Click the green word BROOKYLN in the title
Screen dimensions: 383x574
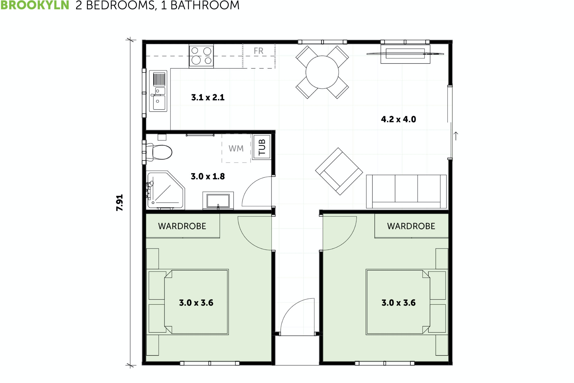(x=35, y=5)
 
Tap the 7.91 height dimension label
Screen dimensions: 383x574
(x=120, y=203)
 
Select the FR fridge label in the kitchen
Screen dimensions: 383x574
(x=259, y=51)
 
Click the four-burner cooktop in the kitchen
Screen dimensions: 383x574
(x=201, y=56)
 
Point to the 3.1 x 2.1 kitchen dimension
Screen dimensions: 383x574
(x=208, y=97)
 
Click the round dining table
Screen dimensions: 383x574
(x=322, y=72)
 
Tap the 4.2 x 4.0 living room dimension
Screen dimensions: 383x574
(x=398, y=119)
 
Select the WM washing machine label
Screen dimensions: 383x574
(x=236, y=148)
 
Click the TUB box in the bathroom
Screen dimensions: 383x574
(x=262, y=147)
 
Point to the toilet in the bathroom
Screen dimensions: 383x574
(x=161, y=152)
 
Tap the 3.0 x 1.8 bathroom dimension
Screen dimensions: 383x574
(x=208, y=176)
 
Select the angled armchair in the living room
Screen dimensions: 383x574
(x=339, y=171)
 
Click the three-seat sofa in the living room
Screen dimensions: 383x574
(x=406, y=191)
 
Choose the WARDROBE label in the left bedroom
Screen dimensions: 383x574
(x=182, y=226)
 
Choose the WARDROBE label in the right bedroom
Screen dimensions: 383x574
(x=411, y=226)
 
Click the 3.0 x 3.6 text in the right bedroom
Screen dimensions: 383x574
(x=398, y=303)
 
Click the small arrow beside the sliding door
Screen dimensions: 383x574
(x=456, y=136)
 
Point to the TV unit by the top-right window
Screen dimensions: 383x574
(x=405, y=54)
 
